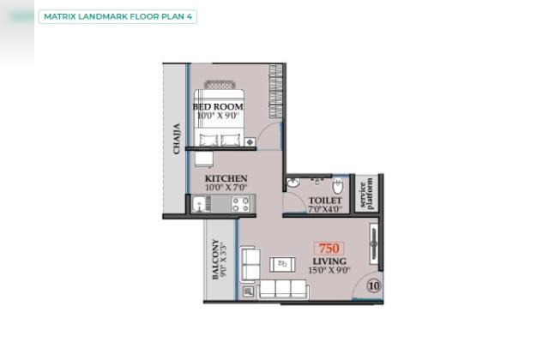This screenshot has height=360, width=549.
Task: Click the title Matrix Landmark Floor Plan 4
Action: (x=118, y=17)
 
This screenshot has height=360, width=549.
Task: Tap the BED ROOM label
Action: (x=218, y=106)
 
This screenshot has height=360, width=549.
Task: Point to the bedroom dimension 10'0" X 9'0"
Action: (x=218, y=116)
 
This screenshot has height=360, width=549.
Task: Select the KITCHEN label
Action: (x=226, y=178)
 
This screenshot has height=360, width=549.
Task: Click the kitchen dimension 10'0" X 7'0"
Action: (x=226, y=188)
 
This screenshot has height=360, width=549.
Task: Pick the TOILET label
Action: (x=325, y=201)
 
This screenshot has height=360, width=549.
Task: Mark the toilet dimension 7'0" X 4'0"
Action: (x=325, y=209)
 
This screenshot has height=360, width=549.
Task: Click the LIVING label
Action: (x=329, y=261)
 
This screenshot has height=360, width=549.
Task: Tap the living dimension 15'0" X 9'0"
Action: (x=329, y=270)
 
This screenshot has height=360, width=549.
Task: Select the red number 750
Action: (x=329, y=249)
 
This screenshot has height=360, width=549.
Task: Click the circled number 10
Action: (x=374, y=285)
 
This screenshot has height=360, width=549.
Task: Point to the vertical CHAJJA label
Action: (x=177, y=139)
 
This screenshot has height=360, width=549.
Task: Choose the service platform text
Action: (x=366, y=195)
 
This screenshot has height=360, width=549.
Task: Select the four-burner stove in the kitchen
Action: (x=241, y=204)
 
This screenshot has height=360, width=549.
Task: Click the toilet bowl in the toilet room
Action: (x=338, y=186)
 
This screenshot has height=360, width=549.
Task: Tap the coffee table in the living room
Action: (x=282, y=265)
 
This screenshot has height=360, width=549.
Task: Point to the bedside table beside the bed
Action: (x=250, y=142)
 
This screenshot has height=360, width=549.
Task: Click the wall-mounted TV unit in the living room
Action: (x=374, y=243)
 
